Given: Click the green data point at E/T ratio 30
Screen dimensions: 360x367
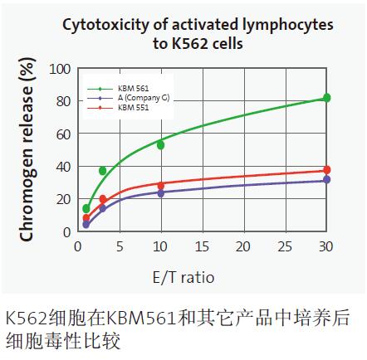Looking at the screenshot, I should coord(326,98).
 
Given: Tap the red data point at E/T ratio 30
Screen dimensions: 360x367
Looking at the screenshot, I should coord(326,170).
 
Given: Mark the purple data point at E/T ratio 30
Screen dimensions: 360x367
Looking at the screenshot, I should coord(326,179).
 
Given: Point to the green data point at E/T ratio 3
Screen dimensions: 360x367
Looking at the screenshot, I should coord(103,171).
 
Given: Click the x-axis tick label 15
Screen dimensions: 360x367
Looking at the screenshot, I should coord(202,247).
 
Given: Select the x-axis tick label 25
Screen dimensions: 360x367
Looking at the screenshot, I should coord(285,247).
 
